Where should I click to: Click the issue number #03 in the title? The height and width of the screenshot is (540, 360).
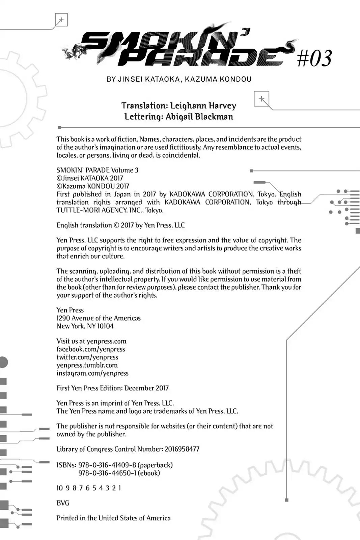314,58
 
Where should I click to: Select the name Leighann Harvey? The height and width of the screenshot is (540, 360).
203,106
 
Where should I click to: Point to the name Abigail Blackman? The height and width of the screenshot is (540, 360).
199,117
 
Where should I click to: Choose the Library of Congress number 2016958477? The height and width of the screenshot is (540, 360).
182,449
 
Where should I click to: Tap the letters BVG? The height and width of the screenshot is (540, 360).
63,503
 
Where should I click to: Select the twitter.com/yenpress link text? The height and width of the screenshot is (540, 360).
87,357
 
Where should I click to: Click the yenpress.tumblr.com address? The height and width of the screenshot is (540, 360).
87,365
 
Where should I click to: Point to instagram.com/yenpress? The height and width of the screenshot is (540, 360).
92,373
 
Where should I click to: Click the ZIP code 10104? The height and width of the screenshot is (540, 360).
105,326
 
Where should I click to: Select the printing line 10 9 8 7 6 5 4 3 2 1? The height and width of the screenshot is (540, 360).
89,488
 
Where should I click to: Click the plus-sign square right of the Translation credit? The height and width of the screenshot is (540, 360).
261,99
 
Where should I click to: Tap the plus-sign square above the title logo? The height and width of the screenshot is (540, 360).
61,20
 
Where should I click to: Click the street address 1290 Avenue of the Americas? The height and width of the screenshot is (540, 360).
99,318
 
